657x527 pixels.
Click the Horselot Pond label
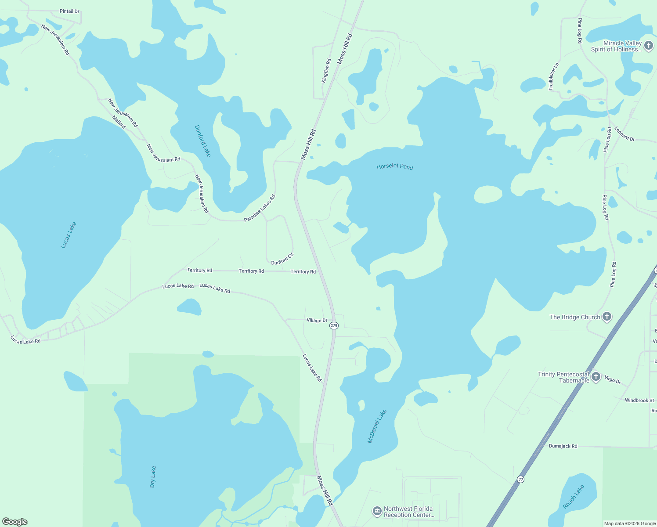tap(395, 166)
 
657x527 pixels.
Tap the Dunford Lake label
tap(203, 141)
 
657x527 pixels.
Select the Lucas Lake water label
tap(69, 235)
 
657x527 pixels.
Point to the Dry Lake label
tap(153, 476)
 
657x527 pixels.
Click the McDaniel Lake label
tap(377, 426)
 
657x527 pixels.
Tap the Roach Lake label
tap(574, 496)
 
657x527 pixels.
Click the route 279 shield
tap(334, 325)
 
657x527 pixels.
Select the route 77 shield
tap(520, 479)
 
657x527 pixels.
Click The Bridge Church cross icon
tap(606, 317)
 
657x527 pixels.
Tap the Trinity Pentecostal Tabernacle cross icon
tap(596, 377)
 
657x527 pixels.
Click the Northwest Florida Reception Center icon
tap(377, 511)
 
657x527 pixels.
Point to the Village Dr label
tap(317, 320)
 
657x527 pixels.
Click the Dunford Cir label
tap(282, 259)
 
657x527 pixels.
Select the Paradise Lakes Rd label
tap(260, 208)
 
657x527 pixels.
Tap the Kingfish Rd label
tap(326, 71)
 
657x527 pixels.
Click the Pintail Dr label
tap(69, 11)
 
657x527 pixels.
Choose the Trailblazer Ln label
tap(553, 76)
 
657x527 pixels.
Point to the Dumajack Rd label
tap(563, 446)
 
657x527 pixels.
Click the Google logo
tap(15, 522)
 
